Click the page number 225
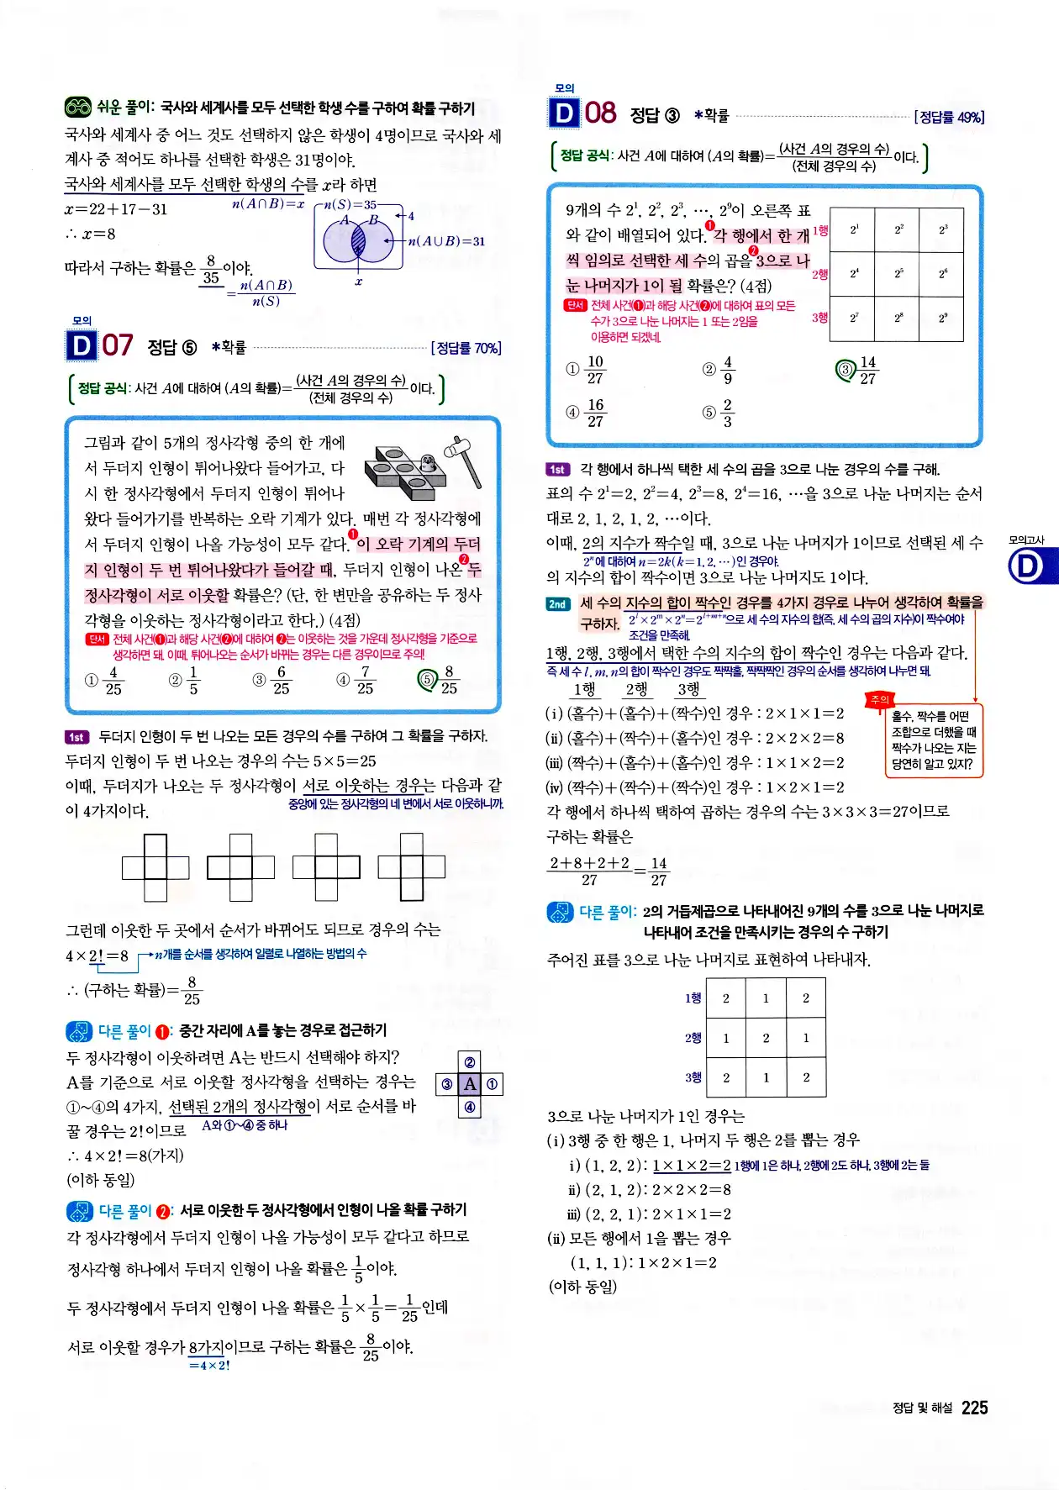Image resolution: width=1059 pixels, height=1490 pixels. pyautogui.click(x=974, y=1408)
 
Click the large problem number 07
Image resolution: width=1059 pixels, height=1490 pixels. pyautogui.click(x=118, y=345)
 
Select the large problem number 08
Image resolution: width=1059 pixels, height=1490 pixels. pyautogui.click(x=600, y=113)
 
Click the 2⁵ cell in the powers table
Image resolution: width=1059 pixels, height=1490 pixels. pyautogui.click(x=898, y=273)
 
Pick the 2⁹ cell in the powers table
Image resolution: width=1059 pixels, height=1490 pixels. pyautogui.click(x=942, y=318)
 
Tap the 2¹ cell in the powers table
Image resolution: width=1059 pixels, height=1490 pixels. pyautogui.click(x=853, y=229)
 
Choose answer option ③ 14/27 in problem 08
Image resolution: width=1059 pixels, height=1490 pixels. pyautogui.click(x=858, y=370)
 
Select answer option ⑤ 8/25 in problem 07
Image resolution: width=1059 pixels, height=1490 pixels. pyautogui.click(x=440, y=680)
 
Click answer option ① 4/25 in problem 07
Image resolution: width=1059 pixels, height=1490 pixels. pyautogui.click(x=105, y=680)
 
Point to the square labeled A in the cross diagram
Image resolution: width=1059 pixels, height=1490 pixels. pyautogui.click(x=470, y=1084)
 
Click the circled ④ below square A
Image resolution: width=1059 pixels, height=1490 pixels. pyautogui.click(x=470, y=1107)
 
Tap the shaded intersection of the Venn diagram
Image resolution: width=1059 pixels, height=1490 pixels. pyautogui.click(x=358, y=241)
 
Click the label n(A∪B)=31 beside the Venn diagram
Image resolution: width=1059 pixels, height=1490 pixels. pyautogui.click(x=445, y=241)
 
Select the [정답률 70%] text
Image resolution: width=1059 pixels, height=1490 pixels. pyautogui.click(x=466, y=348)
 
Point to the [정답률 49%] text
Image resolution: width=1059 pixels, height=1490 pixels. pyautogui.click(x=949, y=117)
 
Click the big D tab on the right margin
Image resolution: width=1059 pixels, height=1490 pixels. pyautogui.click(x=1027, y=566)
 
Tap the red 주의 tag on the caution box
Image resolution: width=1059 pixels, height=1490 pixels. pyautogui.click(x=879, y=699)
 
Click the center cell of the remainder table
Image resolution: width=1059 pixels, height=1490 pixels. pyautogui.click(x=766, y=1038)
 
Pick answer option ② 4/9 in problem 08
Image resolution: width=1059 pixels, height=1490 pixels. pyautogui.click(x=719, y=370)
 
